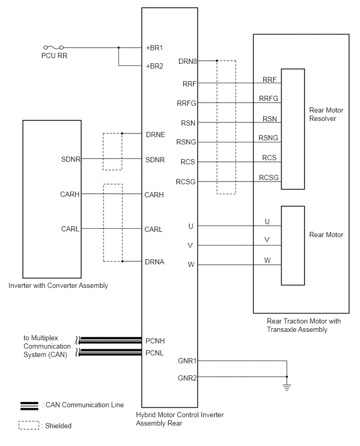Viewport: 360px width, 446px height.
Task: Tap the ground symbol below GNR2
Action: tap(286, 387)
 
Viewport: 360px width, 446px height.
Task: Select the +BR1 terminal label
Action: tap(154, 48)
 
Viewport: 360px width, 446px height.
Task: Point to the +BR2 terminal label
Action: tap(154, 66)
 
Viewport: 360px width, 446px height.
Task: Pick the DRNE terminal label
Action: tap(155, 135)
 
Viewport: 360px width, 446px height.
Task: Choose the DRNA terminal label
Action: tap(155, 262)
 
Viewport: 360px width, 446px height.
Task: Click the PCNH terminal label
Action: tap(155, 340)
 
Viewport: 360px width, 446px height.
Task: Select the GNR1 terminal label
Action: tap(187, 361)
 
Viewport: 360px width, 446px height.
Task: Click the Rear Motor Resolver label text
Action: tap(323, 115)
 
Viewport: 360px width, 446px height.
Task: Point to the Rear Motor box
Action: tap(292, 246)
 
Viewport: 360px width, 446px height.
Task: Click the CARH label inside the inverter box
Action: tap(70, 195)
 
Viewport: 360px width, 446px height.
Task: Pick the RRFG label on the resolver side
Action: tap(268, 98)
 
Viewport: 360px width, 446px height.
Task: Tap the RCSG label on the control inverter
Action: tap(186, 182)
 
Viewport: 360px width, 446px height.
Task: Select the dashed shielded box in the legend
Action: tap(29, 426)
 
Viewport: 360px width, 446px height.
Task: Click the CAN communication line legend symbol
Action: tap(29, 405)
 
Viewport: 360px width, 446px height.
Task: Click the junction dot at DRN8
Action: tap(217, 61)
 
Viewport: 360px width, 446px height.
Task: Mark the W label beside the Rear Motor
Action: tap(267, 260)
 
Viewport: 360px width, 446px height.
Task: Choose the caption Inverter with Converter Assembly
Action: tap(58, 286)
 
